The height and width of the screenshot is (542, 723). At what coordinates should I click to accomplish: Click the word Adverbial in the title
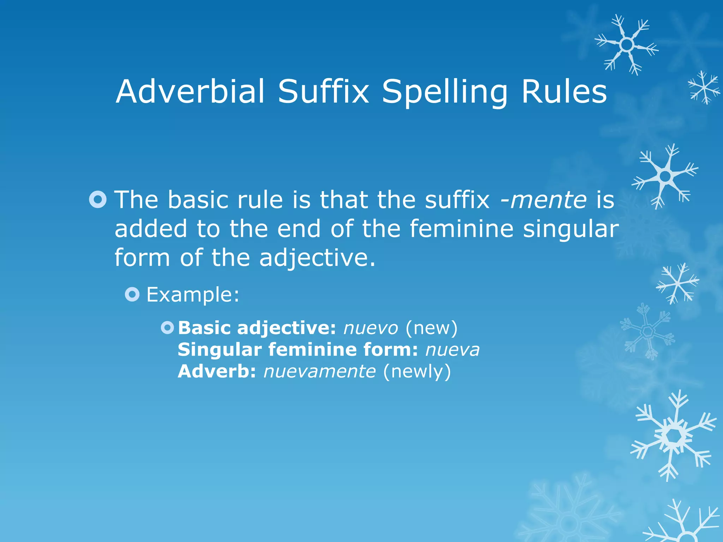click(x=190, y=91)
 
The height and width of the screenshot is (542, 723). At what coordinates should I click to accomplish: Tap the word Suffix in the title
click(x=323, y=91)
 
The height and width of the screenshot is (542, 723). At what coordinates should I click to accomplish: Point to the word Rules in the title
click(x=564, y=91)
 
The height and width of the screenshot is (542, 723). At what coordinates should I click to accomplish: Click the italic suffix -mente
click(x=543, y=200)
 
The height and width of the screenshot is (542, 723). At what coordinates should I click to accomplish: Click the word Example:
click(x=193, y=295)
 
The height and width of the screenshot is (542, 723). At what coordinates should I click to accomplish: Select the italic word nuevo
click(x=371, y=328)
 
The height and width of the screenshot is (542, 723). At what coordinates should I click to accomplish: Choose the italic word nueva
click(x=453, y=350)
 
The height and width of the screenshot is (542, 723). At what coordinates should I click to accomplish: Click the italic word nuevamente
click(x=319, y=372)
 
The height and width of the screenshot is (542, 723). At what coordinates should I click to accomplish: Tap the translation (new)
click(x=431, y=328)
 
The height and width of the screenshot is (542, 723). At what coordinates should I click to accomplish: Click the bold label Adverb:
click(x=216, y=372)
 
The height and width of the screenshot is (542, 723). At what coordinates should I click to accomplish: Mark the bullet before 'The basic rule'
click(x=98, y=199)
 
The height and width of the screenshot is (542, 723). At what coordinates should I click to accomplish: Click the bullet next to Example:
click(x=132, y=294)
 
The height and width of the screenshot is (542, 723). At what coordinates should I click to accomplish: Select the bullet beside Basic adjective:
click(x=167, y=328)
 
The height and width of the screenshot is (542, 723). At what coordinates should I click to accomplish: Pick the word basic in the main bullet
click(x=198, y=200)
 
